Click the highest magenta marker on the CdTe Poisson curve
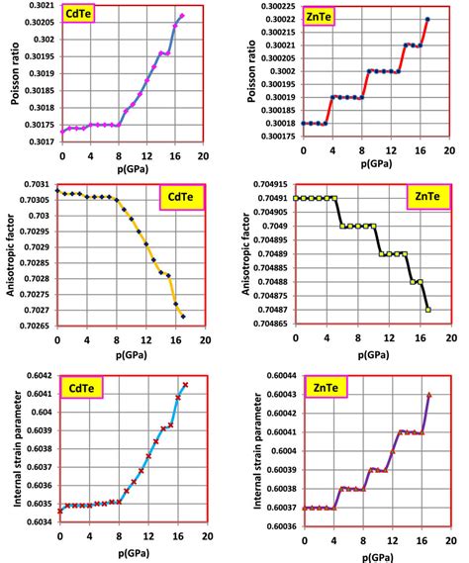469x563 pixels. (181, 16)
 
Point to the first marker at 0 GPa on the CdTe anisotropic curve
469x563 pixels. (58, 190)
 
